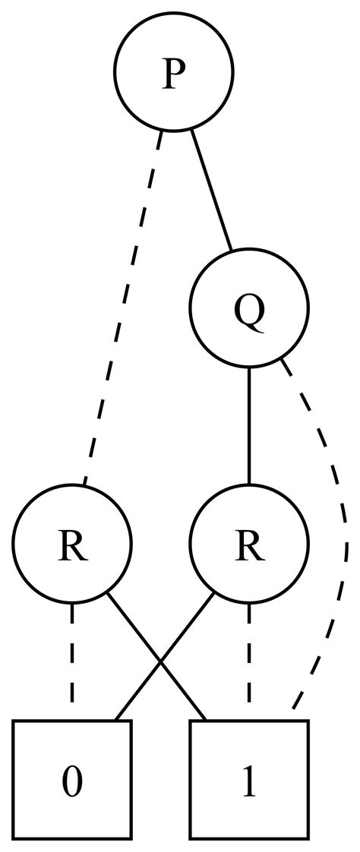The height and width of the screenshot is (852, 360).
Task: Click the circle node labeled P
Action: click(174, 72)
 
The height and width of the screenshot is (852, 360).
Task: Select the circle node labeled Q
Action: click(249, 308)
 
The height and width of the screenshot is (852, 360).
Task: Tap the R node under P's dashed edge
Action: click(72, 544)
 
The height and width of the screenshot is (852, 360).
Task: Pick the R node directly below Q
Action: click(249, 544)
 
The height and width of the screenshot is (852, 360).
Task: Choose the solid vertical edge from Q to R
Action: click(249, 425)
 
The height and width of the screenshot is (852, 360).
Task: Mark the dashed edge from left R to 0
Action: click(72, 661)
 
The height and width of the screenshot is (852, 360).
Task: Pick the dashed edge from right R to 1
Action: click(249, 661)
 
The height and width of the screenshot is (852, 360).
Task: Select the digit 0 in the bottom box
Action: click(72, 781)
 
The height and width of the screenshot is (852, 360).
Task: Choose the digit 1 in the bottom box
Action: click(249, 781)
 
